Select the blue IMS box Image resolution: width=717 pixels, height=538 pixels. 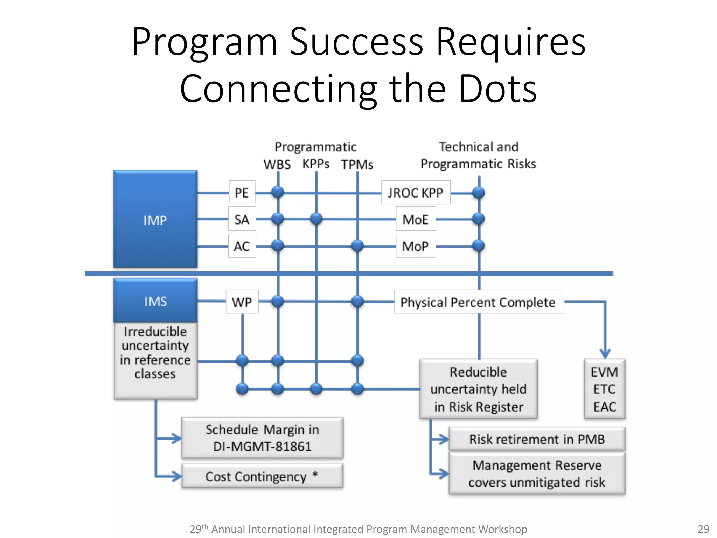[155, 301]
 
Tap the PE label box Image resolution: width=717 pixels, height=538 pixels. [242, 192]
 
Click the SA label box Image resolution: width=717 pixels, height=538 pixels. [242, 219]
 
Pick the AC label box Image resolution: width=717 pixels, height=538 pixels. [242, 246]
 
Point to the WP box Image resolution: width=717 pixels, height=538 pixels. [242, 302]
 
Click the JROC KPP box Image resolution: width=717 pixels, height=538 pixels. [416, 192]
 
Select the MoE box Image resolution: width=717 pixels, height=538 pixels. [416, 219]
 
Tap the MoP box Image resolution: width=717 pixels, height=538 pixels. [416, 246]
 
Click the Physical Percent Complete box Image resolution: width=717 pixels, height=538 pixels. [478, 302]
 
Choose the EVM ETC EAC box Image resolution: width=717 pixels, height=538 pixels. [604, 389]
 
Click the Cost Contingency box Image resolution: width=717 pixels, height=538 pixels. [262, 476]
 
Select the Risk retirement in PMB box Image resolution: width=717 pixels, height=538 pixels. [537, 439]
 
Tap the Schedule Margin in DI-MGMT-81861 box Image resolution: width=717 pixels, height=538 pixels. [262, 438]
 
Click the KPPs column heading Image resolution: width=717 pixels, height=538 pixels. [316, 164]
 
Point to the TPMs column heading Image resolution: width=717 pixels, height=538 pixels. [357, 164]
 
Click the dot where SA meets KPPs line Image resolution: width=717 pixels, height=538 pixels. [316, 219]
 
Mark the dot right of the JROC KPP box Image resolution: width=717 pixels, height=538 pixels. [478, 192]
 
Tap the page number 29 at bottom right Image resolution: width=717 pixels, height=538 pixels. [703, 529]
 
